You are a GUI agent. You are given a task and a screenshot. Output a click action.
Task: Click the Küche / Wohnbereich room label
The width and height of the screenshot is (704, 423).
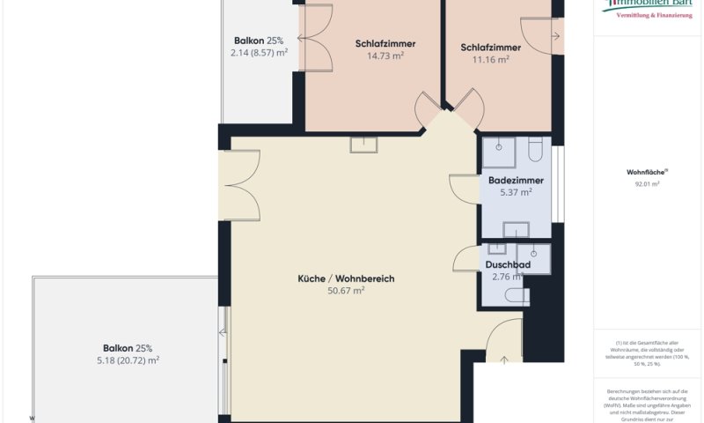point(346,278)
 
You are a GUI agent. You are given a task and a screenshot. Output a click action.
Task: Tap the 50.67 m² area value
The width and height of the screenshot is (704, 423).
point(346,290)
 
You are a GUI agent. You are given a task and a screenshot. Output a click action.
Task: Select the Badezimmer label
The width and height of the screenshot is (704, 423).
point(516,181)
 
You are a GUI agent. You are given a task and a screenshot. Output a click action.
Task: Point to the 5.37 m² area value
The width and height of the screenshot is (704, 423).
point(516,192)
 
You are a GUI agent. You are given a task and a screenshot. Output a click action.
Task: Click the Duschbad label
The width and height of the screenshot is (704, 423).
point(508,264)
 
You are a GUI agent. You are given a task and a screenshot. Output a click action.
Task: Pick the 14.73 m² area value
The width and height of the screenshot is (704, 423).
point(385,56)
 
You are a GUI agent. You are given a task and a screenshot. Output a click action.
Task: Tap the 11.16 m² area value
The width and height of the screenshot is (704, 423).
point(490,60)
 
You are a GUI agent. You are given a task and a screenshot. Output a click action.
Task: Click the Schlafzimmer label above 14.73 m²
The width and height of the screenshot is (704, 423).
point(385,44)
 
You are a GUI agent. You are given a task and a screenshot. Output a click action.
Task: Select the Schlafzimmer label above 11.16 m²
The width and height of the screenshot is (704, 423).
point(490,48)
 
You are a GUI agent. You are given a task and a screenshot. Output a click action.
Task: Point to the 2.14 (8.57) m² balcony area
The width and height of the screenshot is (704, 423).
point(253,53)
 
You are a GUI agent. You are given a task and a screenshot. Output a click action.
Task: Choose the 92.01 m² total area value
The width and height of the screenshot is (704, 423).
point(647,184)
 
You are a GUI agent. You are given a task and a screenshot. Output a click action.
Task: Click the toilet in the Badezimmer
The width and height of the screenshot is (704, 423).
point(536,152)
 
